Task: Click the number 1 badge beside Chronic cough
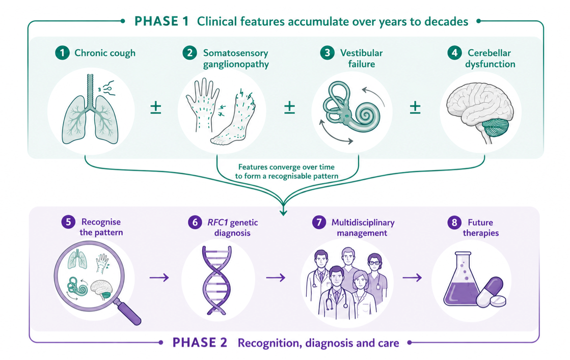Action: coord(62,53)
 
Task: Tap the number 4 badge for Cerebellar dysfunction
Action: coord(454,53)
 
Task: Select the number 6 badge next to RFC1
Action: coord(195,223)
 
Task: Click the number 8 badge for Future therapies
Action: coord(454,223)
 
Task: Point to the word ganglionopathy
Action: coord(236,64)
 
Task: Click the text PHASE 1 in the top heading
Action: coord(161,21)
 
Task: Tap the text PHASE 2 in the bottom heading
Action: coord(200,343)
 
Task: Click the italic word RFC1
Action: coord(218,223)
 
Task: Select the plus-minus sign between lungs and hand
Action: coord(155,107)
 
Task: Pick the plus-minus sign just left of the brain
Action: coord(415,107)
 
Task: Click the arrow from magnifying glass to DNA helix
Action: coord(159,278)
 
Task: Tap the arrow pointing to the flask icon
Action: coord(412,278)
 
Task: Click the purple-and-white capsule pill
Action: coord(490,292)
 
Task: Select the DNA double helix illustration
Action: coord(217,280)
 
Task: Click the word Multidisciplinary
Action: coord(363,223)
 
